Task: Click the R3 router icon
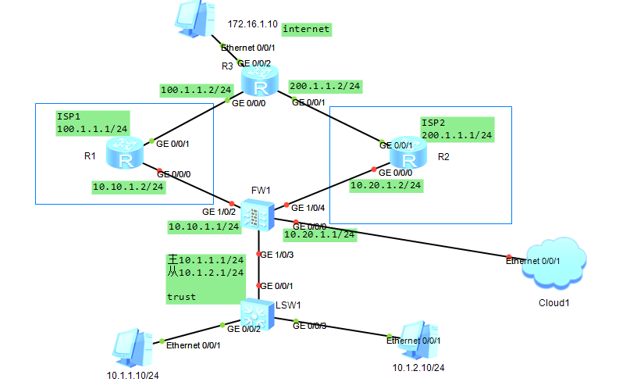(258, 81)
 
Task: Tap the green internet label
(306, 30)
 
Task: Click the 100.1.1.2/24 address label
(196, 90)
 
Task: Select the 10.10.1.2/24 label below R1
(128, 187)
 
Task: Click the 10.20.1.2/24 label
(386, 185)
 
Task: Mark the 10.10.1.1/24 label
(204, 227)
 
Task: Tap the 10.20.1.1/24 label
(319, 233)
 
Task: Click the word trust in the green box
(181, 298)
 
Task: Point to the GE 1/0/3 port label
(278, 255)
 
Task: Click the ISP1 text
(69, 116)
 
